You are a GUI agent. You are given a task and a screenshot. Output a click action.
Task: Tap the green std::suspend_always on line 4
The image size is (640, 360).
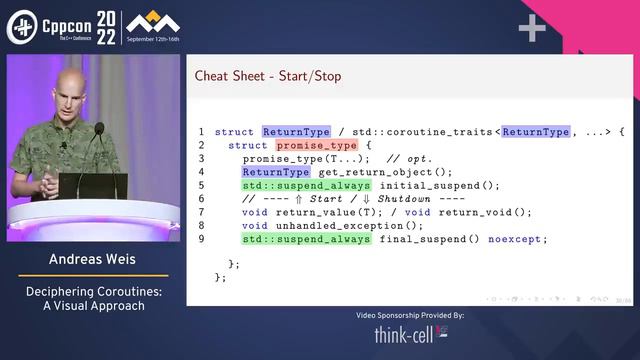(x=306, y=185)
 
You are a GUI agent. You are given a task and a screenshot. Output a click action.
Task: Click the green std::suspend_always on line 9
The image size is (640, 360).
(x=306, y=239)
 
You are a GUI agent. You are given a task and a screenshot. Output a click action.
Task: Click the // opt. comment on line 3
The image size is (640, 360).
(x=407, y=158)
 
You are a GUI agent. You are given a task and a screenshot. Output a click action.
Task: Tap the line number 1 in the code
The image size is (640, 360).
(x=201, y=132)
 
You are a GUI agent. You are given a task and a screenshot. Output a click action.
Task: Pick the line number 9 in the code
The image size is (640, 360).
(x=201, y=239)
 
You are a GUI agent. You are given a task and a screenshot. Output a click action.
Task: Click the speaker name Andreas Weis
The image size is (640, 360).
(x=91, y=260)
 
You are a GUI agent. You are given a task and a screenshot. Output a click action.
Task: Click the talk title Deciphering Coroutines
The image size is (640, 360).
(x=91, y=292)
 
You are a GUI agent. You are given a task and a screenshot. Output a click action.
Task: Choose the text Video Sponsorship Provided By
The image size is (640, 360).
(x=410, y=315)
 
